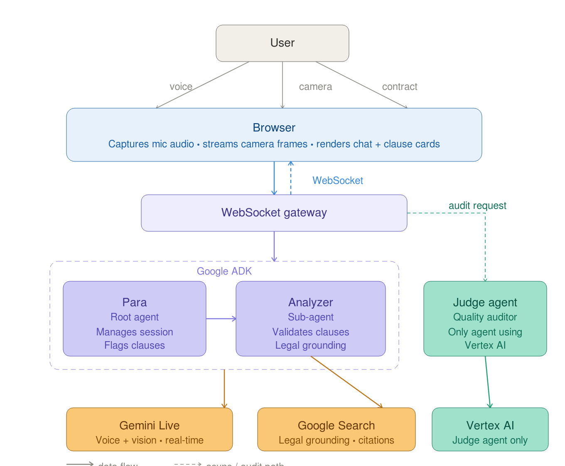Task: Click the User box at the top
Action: [x=282, y=43]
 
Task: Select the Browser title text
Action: [x=274, y=128]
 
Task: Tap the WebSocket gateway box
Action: [x=274, y=213]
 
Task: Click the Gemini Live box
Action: [x=149, y=429]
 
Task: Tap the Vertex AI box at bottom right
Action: [x=490, y=429]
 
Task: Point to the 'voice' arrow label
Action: [x=181, y=87]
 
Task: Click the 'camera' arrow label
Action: [x=315, y=87]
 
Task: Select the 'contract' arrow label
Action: [x=400, y=87]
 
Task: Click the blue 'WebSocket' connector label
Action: [x=337, y=181]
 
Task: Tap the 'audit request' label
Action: [x=477, y=206]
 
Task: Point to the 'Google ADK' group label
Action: [x=224, y=271]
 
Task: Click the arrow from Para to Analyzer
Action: [x=221, y=319]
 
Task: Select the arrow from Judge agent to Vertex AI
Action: [x=488, y=382]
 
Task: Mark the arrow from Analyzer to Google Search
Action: [x=346, y=382]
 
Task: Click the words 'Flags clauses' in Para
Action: [x=134, y=345]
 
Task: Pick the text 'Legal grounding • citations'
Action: [x=336, y=440]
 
